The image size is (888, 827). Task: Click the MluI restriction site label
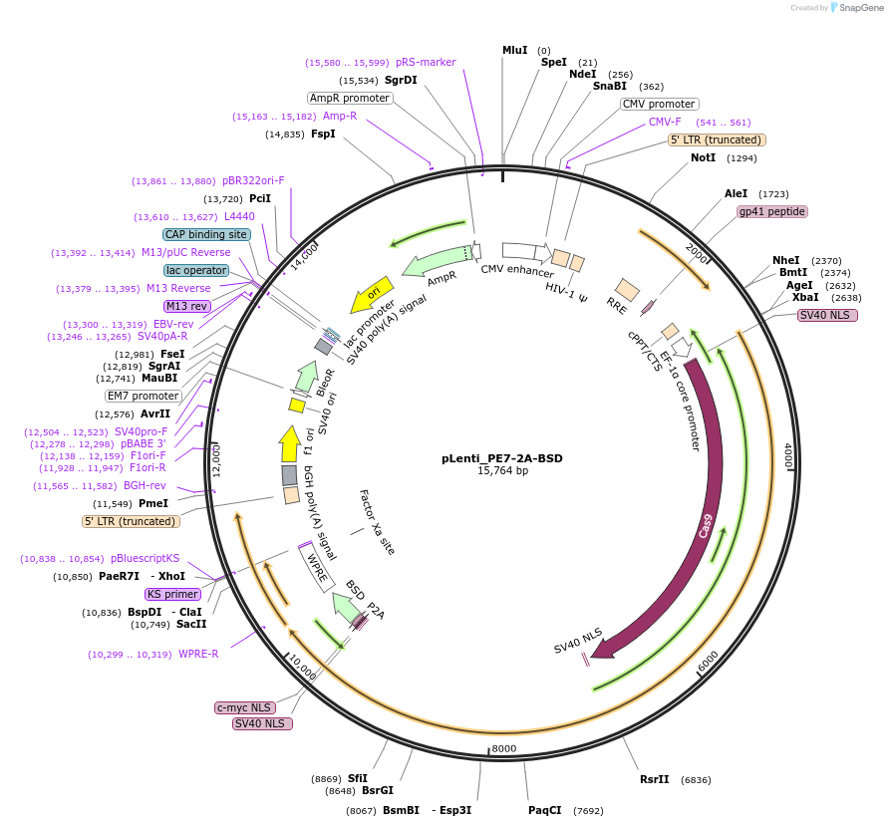[514, 50]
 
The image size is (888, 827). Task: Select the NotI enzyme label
[703, 157]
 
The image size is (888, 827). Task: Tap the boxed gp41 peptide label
[771, 211]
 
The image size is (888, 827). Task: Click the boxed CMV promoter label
[659, 104]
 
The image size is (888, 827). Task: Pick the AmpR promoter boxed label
[349, 98]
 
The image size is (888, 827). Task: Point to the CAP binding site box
[206, 234]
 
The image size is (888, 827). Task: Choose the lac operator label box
[196, 270]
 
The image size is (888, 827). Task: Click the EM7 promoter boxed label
[143, 396]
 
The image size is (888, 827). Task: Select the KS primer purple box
[173, 594]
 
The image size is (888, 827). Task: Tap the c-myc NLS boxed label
[244, 707]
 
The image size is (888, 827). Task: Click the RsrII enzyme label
[655, 779]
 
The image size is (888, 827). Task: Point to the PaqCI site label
[545, 810]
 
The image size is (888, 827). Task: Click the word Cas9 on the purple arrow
[707, 525]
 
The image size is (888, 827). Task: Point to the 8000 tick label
[504, 748]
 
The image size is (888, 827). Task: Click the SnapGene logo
[859, 7]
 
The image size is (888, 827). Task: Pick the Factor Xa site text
[377, 522]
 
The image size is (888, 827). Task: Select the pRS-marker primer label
[426, 62]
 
